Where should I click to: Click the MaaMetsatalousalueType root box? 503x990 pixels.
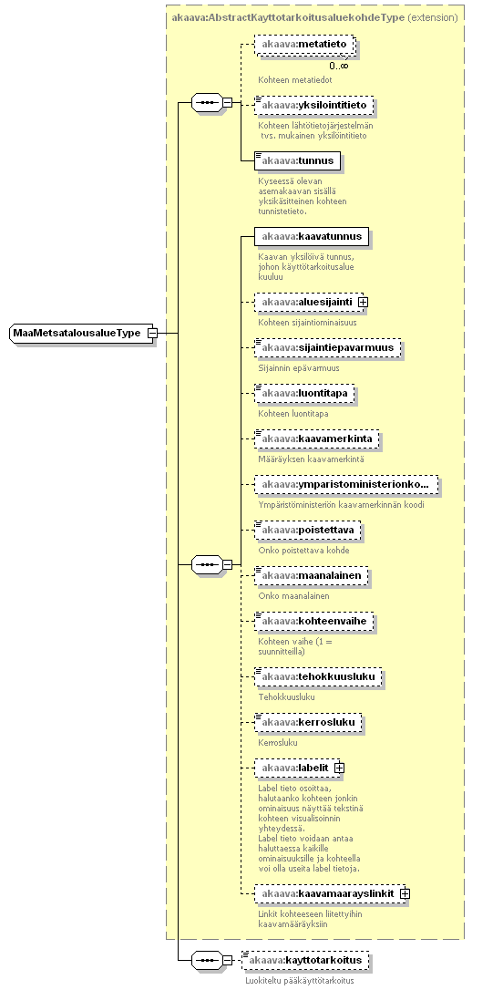78,333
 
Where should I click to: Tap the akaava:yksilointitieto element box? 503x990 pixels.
314,105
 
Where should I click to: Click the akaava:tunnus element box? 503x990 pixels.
298,161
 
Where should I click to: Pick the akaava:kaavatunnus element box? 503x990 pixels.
312,237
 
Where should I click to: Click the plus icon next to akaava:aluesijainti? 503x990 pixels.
363,302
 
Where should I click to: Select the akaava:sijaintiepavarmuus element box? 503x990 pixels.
327,348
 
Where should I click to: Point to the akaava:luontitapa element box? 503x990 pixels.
305,393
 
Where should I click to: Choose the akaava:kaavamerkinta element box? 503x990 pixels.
317,438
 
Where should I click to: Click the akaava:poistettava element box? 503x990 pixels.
308,530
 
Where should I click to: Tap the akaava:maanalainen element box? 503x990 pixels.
311,576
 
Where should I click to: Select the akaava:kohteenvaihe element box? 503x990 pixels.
314,622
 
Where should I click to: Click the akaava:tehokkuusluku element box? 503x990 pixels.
319,676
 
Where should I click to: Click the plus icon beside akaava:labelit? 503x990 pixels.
339,768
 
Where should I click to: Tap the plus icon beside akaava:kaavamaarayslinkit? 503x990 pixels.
405,893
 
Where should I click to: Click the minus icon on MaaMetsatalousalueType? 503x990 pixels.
152,333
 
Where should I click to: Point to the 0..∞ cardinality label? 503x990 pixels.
338,66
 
